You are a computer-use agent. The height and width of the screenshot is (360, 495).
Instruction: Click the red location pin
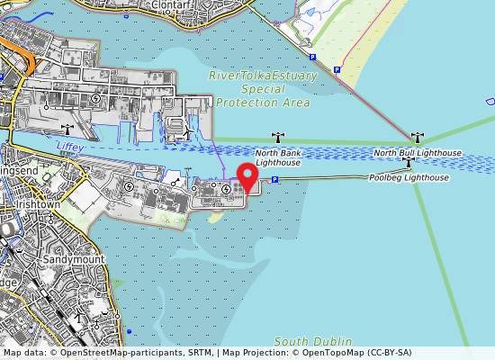247,175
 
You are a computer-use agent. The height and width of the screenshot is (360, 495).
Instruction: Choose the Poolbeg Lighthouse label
409,178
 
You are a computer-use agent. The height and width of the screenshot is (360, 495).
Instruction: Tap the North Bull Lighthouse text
418,153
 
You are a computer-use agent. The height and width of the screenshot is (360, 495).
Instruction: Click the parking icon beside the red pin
274,180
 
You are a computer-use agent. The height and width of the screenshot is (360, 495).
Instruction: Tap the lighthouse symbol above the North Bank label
278,139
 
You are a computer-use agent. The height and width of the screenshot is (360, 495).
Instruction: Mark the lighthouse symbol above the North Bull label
416,138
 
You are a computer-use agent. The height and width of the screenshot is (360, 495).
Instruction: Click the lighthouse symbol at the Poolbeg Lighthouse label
409,164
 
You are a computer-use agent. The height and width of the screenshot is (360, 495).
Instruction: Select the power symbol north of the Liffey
95,97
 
